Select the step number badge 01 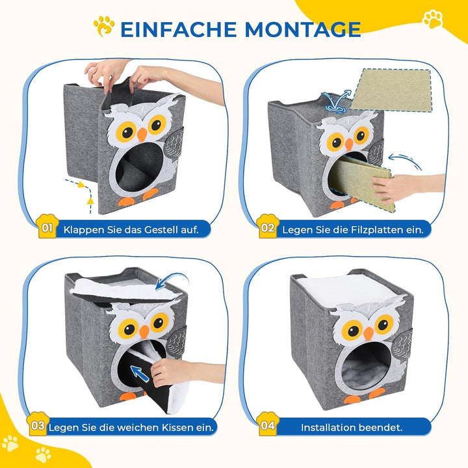click(x=47, y=227)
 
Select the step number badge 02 click(x=267, y=228)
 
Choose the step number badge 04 click(x=266, y=426)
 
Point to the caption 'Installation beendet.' click(x=351, y=427)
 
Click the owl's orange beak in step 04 click(x=368, y=333)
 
